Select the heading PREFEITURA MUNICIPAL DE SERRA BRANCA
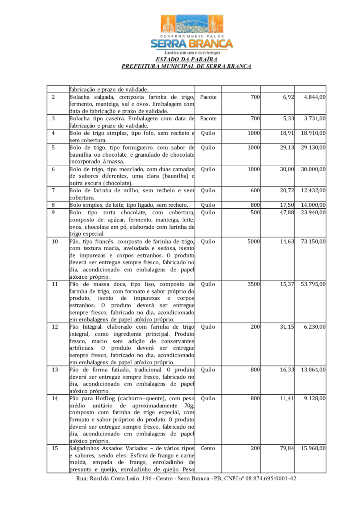[x=186, y=66]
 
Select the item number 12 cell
[x=55, y=327]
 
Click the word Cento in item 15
[x=208, y=448]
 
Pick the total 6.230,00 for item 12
[x=315, y=327]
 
